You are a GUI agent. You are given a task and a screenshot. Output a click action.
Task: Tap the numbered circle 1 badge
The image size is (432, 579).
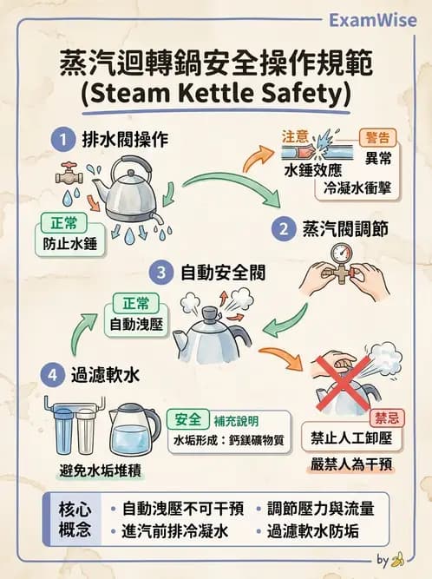(62, 138)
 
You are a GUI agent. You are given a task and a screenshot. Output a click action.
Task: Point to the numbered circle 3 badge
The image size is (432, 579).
(162, 273)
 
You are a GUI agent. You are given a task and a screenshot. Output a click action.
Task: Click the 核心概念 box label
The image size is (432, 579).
(75, 519)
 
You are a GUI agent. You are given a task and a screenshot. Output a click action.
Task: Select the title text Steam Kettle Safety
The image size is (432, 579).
(214, 91)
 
